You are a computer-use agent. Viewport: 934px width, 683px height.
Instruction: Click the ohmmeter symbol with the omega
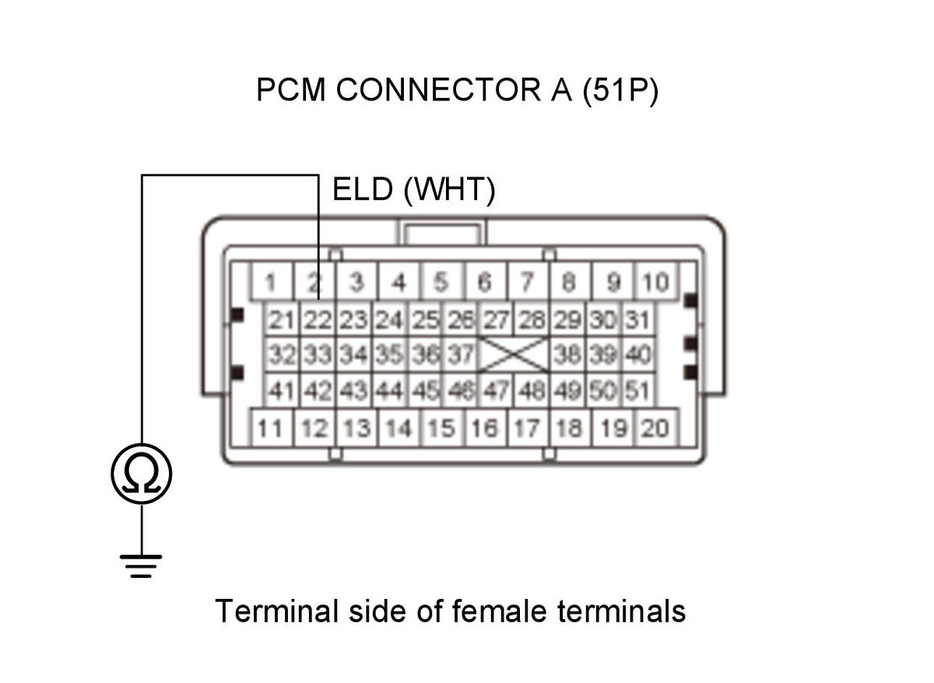coord(142,474)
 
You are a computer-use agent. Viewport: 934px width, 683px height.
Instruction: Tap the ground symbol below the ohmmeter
coord(141,566)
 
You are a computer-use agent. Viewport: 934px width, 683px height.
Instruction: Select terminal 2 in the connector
coord(314,282)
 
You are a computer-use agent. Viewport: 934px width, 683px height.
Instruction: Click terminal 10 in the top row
coord(656,282)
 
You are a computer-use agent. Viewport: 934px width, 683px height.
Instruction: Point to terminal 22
coord(318,320)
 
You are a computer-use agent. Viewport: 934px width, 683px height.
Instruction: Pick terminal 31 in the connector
coord(638,320)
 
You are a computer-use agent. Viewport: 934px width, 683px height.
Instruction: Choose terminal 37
coord(461,355)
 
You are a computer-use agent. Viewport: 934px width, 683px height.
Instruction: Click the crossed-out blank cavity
coord(514,355)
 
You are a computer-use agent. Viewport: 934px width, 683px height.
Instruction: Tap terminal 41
coord(282,390)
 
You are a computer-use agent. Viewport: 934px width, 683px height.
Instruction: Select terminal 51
coord(638,390)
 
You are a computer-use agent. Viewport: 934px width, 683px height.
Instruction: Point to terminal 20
coord(656,428)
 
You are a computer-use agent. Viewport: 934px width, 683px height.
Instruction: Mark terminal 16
coord(485,428)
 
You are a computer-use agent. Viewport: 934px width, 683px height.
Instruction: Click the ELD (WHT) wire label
coord(413,190)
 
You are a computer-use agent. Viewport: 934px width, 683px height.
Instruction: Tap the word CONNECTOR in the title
coord(439,89)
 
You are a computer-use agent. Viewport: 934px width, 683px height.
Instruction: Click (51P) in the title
coord(620,90)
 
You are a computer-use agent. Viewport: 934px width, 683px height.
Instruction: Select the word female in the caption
coord(499,611)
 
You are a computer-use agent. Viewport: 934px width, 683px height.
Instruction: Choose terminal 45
coord(426,390)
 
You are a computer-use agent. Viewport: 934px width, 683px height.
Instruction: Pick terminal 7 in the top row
coord(528,282)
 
